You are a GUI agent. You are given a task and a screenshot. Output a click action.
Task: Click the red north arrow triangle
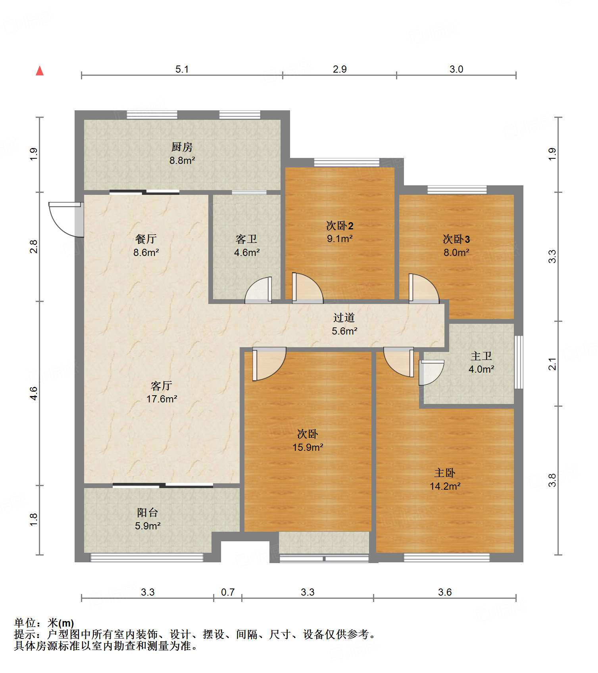(40, 71)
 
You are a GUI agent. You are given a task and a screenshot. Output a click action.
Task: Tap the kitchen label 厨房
(182, 147)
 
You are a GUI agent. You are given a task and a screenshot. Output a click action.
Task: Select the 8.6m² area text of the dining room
(146, 252)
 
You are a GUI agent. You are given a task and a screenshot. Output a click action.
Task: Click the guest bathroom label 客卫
(246, 239)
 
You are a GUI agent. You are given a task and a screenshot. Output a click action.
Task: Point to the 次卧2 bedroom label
(340, 226)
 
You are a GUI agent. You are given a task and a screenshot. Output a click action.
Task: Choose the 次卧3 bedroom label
(456, 239)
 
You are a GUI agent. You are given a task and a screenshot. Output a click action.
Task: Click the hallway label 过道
(344, 317)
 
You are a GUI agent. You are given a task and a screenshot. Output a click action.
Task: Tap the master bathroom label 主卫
(481, 356)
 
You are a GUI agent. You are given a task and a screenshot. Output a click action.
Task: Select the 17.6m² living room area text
(162, 399)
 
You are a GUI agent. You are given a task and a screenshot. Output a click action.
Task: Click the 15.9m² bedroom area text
(308, 447)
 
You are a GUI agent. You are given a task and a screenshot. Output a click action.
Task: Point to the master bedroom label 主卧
(445, 473)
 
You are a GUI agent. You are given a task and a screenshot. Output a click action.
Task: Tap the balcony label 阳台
(148, 513)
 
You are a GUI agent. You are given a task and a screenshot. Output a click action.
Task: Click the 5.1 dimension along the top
(182, 69)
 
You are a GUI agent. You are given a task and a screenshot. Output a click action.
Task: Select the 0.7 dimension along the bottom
(228, 592)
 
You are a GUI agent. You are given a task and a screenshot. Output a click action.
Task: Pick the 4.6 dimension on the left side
(33, 393)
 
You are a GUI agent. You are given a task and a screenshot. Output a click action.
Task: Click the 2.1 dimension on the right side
(552, 364)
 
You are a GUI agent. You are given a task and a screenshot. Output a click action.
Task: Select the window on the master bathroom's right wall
(519, 362)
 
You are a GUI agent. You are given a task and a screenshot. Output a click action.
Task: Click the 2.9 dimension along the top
(340, 69)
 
